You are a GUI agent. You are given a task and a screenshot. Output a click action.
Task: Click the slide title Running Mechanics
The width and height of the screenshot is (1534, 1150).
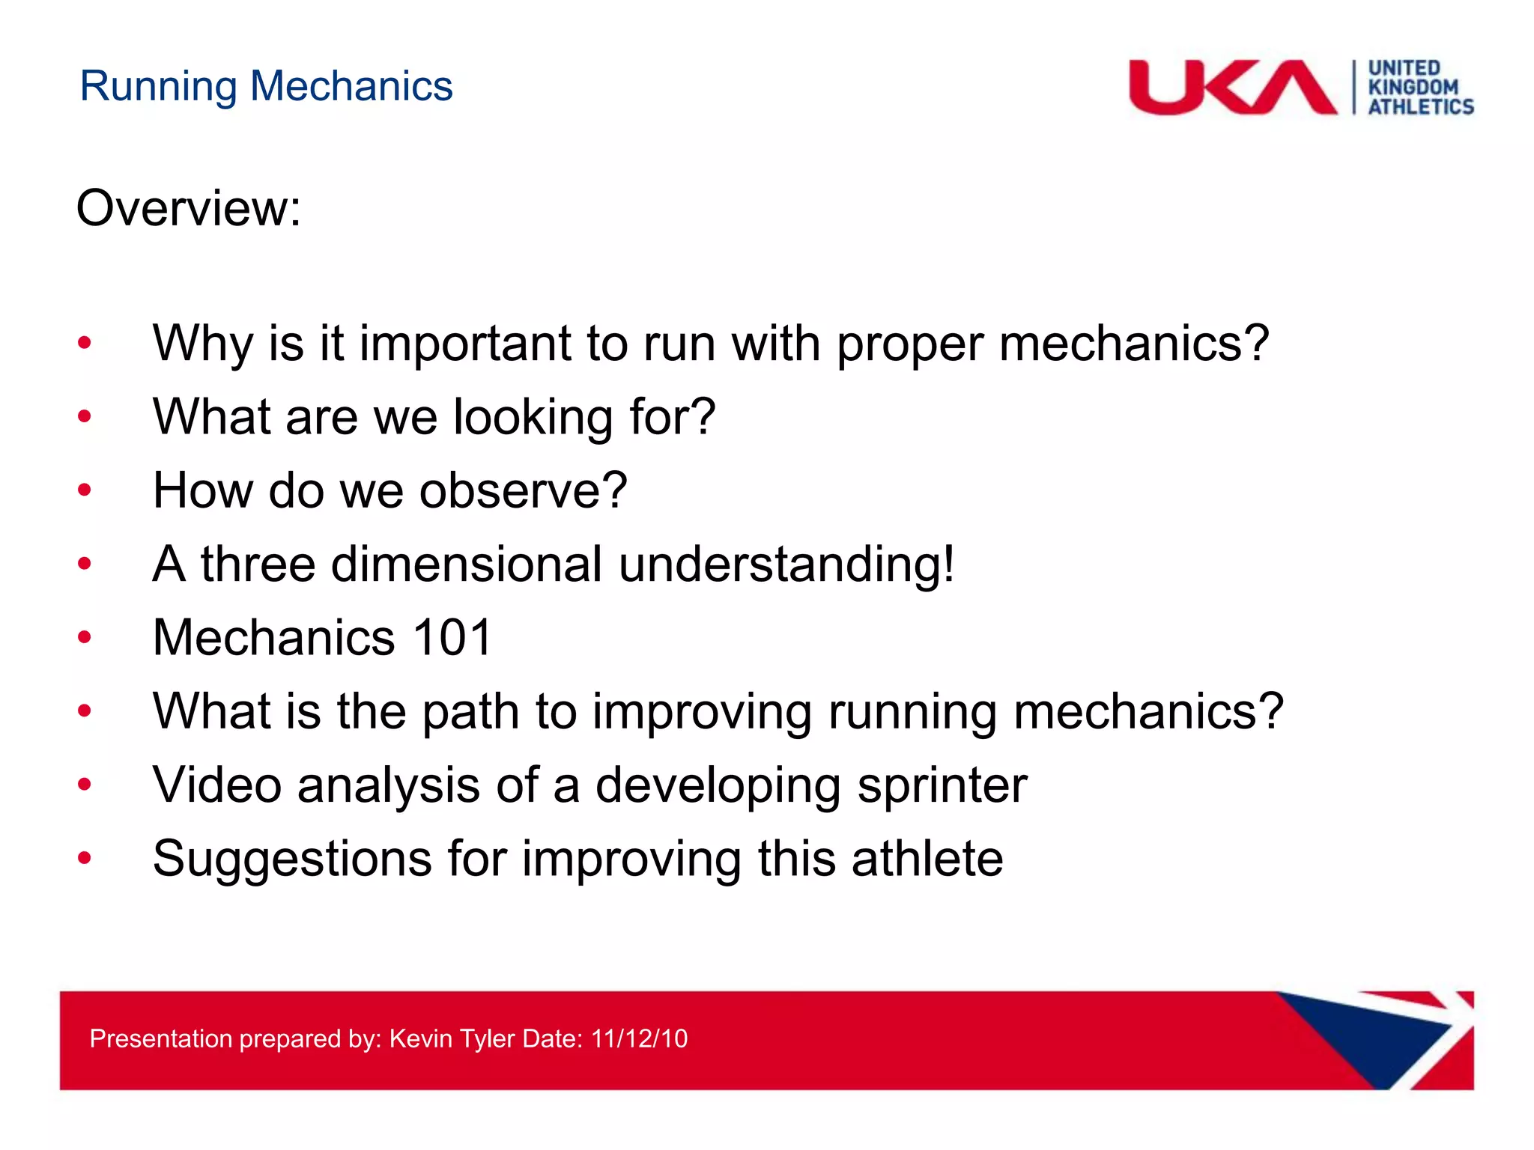point(266,86)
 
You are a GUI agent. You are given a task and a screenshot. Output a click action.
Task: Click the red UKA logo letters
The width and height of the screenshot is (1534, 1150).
point(1232,88)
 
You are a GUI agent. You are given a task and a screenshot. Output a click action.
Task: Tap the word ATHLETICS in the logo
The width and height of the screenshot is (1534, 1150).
point(1421,107)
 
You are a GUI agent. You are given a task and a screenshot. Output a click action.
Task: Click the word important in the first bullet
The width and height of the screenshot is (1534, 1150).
point(464,344)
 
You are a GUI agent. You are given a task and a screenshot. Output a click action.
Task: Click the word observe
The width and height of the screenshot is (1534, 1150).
point(523,490)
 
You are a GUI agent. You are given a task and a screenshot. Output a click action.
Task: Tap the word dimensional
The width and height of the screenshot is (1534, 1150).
point(466,564)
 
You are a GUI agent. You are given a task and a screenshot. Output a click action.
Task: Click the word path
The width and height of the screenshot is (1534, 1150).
point(470,711)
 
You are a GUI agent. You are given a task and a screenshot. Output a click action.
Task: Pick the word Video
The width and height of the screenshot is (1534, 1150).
point(217,785)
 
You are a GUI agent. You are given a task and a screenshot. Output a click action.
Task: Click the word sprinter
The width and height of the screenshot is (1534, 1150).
point(942,786)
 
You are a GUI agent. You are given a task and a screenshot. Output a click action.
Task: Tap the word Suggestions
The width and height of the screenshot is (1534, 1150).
point(292,858)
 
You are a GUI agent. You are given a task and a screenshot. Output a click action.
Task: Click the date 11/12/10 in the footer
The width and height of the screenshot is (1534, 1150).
point(639,1038)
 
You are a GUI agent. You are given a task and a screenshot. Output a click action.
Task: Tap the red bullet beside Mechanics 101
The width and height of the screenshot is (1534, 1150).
point(85,637)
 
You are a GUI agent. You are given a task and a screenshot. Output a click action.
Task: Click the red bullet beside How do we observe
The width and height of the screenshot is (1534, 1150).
point(85,490)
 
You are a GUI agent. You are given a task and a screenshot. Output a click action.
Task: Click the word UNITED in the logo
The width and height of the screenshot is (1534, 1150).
point(1404,68)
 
